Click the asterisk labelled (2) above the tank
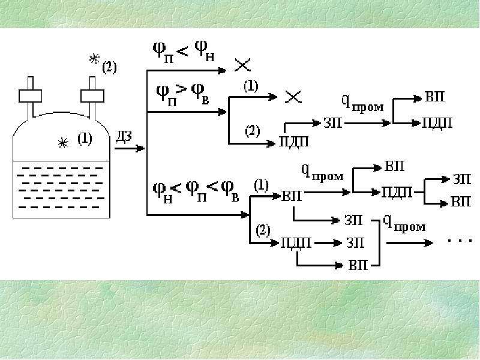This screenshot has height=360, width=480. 95,58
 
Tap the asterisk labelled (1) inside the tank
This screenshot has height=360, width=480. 63,143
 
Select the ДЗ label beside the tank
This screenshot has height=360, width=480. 124,137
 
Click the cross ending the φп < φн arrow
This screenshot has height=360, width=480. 242,65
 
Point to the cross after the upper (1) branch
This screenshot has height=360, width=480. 293,97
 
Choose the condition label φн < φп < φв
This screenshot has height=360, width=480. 196,191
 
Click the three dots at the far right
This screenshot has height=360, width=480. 460,241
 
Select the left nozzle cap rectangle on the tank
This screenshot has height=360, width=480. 31,96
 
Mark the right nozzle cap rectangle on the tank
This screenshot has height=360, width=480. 92,96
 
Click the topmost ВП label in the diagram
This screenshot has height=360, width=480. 434,97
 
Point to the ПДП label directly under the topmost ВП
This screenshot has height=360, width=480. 437,123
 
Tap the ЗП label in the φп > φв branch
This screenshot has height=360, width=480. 333,123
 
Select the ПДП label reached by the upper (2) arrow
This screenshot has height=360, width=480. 294,142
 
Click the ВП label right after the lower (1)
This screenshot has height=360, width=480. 292,196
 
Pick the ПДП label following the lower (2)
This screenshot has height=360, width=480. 296,243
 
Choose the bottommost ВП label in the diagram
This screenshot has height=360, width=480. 358,265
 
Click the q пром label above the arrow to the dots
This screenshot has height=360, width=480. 404,223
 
